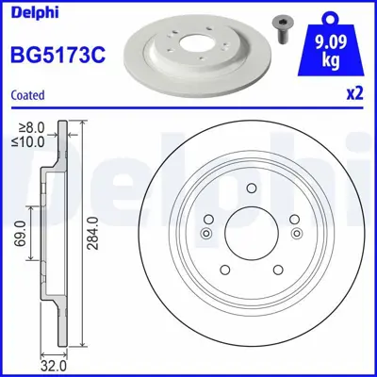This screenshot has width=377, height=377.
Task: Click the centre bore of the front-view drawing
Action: tap(251, 233)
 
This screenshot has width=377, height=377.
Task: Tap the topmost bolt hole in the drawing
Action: tap(251, 188)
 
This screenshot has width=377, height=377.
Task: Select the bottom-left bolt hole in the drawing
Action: tap(224, 270)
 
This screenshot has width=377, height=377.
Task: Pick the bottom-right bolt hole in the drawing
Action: tap(277, 270)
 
